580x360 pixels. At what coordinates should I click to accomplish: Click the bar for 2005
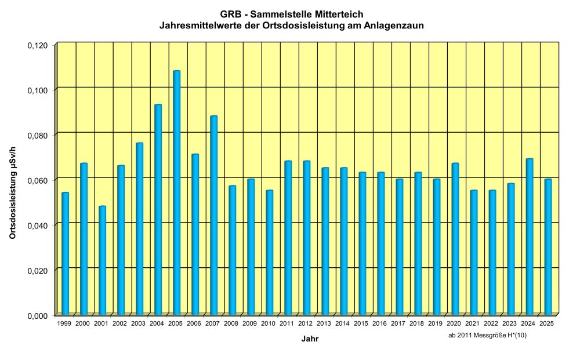[x=176, y=192]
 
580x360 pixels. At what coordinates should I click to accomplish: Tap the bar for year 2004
[x=158, y=209]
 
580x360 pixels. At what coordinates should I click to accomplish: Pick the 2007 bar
[x=213, y=214]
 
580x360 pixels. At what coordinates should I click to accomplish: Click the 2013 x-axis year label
[x=324, y=323]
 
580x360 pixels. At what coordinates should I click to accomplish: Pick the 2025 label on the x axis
[x=546, y=323]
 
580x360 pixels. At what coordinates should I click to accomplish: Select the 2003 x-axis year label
[x=138, y=323]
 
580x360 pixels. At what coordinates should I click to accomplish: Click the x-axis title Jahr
[x=309, y=339]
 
